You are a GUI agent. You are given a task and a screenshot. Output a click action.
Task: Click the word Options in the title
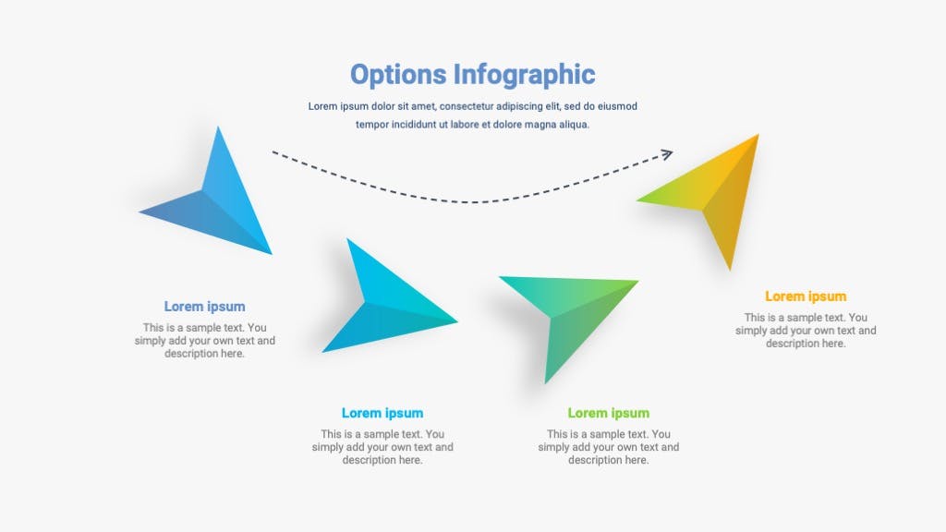(x=398, y=76)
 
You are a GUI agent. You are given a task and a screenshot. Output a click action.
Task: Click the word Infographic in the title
(x=525, y=76)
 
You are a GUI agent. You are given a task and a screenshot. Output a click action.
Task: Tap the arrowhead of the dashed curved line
(x=668, y=155)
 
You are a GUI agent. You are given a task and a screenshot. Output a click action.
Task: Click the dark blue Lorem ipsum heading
(x=204, y=307)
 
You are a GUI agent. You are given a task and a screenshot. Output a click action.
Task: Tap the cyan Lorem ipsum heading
(x=382, y=413)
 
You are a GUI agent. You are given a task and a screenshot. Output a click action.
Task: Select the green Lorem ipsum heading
(x=608, y=413)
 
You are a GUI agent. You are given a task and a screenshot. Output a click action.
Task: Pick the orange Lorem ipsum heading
(x=806, y=296)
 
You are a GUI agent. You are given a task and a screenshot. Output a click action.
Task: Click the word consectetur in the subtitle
(x=467, y=107)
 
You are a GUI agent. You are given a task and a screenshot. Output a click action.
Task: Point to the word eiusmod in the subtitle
(x=618, y=107)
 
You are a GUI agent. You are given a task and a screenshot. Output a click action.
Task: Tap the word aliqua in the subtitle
(x=573, y=125)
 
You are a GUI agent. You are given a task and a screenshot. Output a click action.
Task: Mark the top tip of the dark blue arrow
(x=218, y=127)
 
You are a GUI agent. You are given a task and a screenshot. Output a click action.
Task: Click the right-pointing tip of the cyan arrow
(x=457, y=320)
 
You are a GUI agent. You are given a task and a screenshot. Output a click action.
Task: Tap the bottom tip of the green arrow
(x=545, y=382)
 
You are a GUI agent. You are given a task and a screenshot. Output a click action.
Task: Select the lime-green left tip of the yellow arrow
(x=637, y=200)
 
